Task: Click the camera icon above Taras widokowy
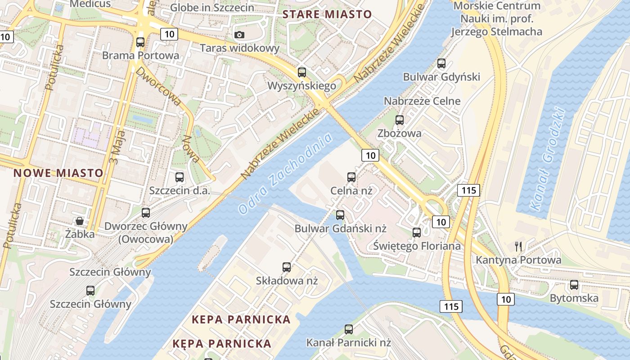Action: pos(240,35)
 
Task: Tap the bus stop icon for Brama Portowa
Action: pos(140,42)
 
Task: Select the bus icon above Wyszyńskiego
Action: pos(302,72)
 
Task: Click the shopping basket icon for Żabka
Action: pos(80,221)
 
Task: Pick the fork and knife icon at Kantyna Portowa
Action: pos(518,246)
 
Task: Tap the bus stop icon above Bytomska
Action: pos(574,285)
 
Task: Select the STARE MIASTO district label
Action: pos(327,14)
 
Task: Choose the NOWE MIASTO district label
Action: pos(58,173)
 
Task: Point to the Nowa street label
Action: pos(191,149)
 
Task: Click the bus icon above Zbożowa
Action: pos(400,120)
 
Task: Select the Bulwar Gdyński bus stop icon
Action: pos(441,63)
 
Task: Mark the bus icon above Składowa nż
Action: pos(287,267)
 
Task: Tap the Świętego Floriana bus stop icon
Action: pos(417,233)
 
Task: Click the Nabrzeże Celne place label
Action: pos(422,101)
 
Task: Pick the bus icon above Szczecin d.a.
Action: pos(180,177)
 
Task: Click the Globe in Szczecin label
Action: pos(212,8)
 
